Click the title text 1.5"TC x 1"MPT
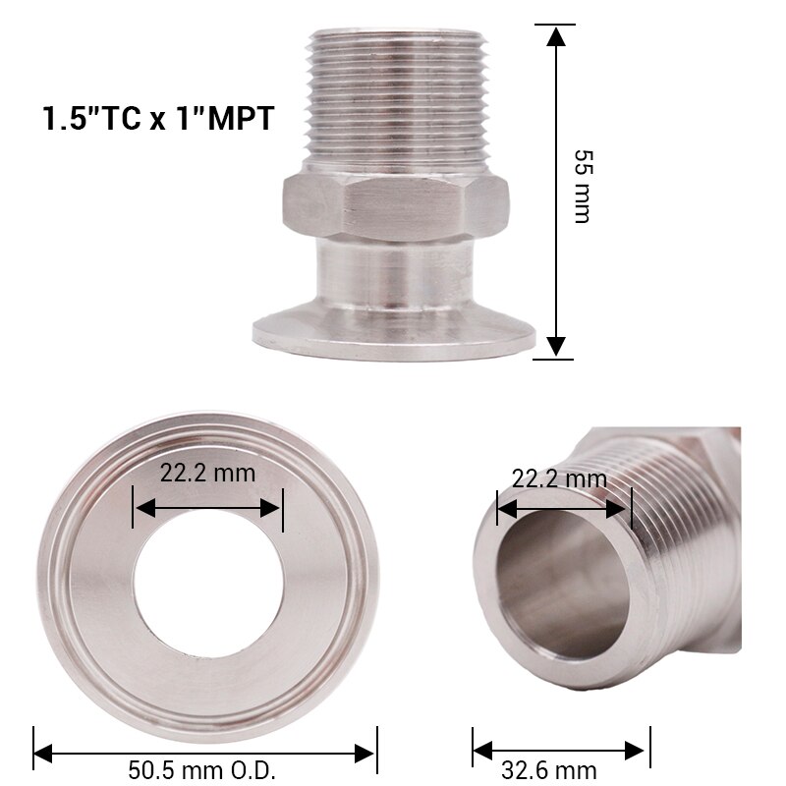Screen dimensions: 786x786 156,119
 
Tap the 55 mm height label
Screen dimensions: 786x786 582,188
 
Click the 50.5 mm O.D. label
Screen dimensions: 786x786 202,769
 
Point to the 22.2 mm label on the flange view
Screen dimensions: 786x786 207,473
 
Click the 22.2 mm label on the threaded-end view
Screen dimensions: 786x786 559,479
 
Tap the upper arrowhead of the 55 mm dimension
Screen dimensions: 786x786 556,36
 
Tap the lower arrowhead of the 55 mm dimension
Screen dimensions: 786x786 556,346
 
